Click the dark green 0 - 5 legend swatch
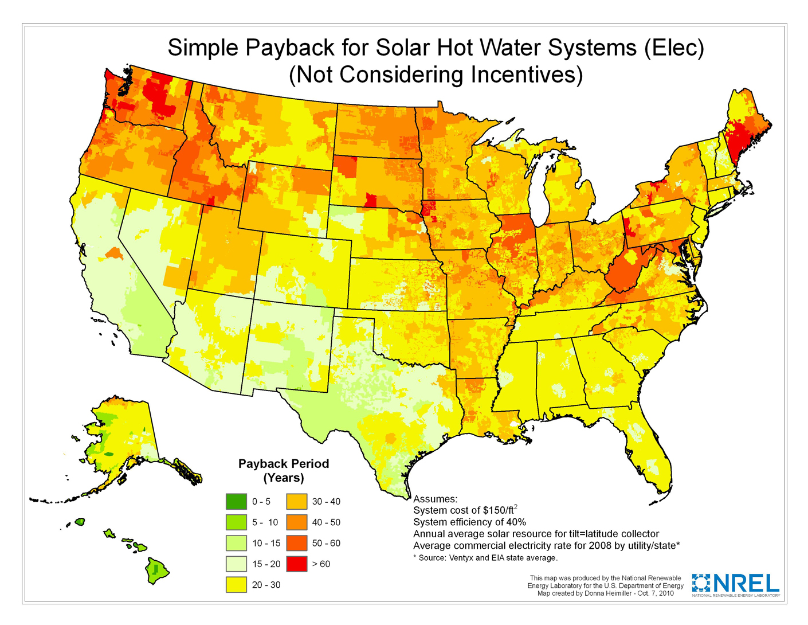pos(236,502)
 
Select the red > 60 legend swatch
pos(296,564)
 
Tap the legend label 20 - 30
pos(266,585)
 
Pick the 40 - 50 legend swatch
pos(296,522)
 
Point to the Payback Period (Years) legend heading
pos(284,471)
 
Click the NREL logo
pos(736,584)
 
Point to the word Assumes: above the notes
pos(436,499)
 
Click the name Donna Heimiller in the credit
pos(609,593)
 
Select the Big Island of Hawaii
pos(155,571)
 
